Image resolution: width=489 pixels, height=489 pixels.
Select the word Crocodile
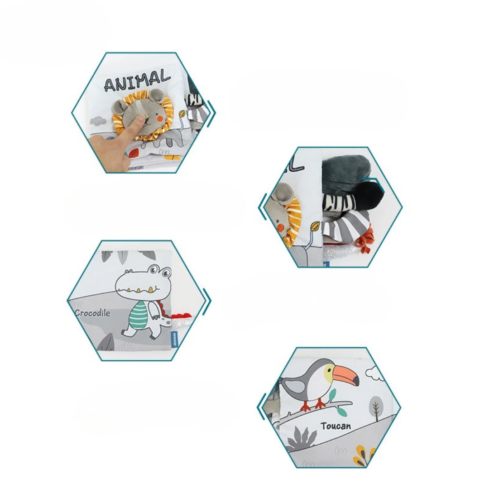tap(92, 313)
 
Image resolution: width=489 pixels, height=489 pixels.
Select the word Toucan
tap(336, 426)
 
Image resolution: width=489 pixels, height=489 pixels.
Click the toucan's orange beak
tap(345, 375)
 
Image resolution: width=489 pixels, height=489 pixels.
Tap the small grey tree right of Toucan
tap(376, 406)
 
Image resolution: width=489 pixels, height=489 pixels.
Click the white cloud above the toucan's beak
tap(374, 374)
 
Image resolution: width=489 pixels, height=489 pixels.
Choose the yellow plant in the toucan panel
tap(364, 454)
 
